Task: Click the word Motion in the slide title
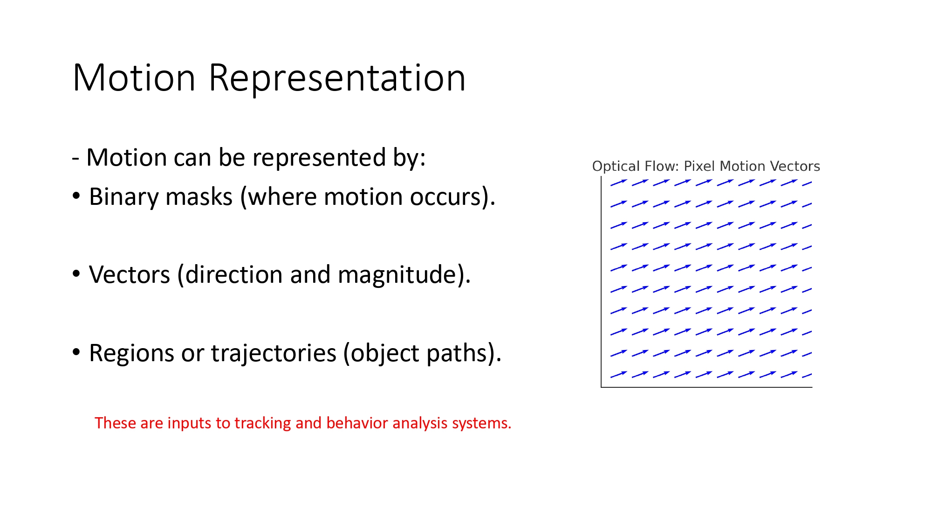134,78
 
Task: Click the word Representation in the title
337,78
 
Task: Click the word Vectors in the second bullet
129,274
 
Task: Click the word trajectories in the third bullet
274,353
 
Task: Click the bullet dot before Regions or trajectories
76,352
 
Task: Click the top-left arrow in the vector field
619,182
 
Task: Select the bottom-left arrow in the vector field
619,374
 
